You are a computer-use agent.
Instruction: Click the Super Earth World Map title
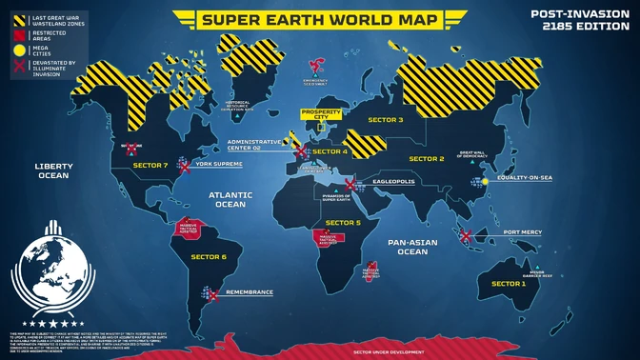320,20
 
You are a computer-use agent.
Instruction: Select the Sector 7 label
150,166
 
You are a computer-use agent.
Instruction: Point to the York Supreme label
218,164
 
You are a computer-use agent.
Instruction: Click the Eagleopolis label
392,179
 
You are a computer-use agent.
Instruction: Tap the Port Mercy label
524,231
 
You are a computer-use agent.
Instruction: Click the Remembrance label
250,292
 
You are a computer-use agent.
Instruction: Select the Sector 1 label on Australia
508,284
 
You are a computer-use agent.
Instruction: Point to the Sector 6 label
209,257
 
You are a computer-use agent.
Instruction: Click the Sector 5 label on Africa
343,222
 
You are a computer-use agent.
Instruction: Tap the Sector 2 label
428,158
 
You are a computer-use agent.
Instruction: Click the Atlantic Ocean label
234,198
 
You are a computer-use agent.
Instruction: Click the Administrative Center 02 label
255,145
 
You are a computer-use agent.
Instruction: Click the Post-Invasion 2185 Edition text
581,20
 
